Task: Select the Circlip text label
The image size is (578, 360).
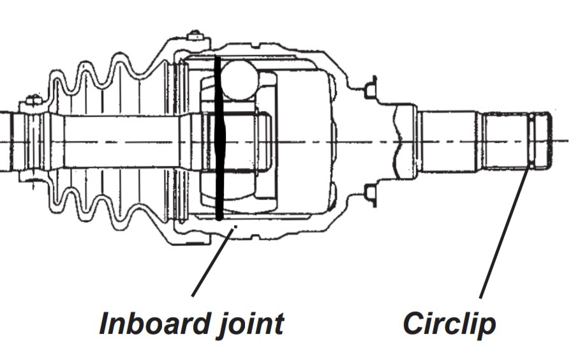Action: [450, 323]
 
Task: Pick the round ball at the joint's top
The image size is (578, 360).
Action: [240, 80]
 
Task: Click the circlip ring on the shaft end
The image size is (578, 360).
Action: [531, 140]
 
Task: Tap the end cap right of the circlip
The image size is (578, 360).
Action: [542, 140]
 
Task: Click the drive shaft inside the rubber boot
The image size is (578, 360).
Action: [121, 140]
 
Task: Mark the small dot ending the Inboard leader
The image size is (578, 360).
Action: [235, 225]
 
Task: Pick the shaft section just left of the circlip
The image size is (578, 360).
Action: [505, 140]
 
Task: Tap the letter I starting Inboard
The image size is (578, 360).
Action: [104, 323]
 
